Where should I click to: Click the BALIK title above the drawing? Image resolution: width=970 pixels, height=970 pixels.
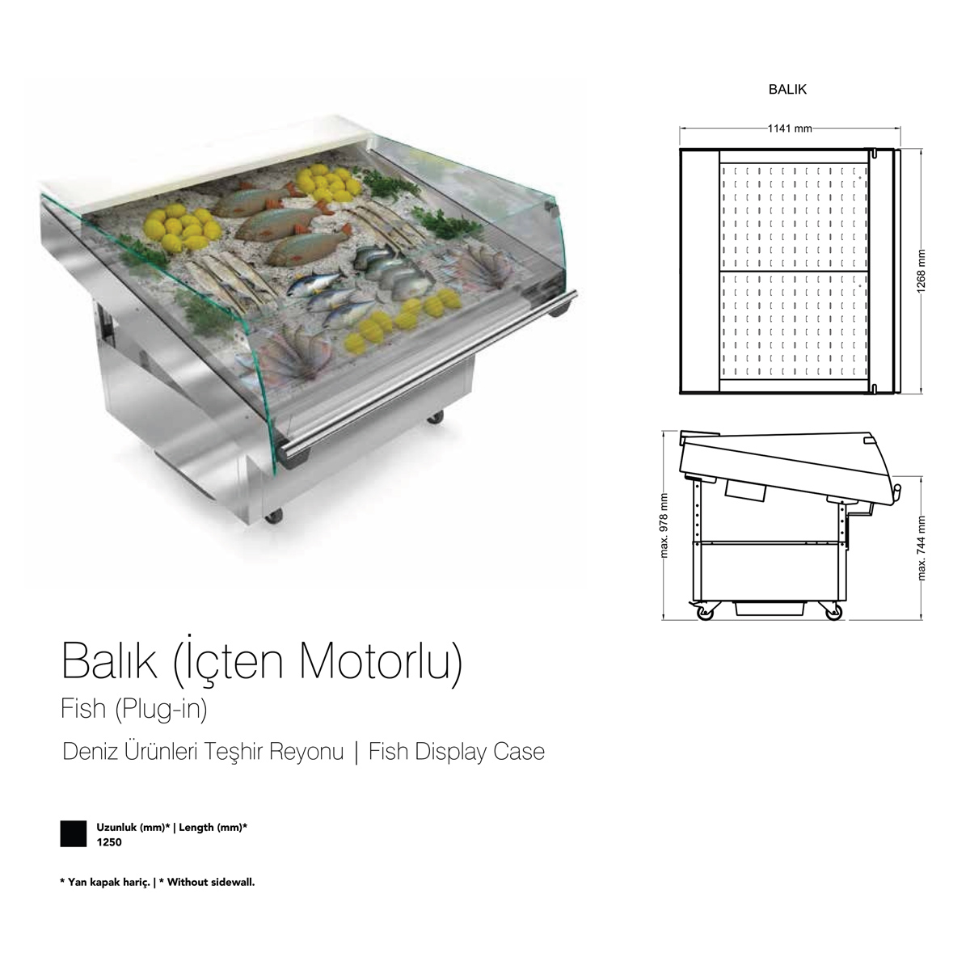pos(787,90)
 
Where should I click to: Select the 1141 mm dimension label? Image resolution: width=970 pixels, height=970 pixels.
pos(790,129)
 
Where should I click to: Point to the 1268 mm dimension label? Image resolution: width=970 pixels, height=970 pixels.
pos(921,271)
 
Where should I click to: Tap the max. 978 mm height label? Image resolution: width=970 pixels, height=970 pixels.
pos(664,525)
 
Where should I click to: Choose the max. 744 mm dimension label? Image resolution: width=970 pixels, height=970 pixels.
pos(921,548)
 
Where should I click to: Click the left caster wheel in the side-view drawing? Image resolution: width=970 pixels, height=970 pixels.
pos(704,612)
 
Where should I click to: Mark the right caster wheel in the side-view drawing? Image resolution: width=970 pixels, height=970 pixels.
pos(833,612)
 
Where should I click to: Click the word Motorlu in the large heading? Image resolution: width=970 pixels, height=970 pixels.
pos(380,662)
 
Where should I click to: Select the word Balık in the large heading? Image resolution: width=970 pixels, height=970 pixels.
pos(109,661)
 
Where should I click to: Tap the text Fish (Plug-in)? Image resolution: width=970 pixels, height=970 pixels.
pos(134,710)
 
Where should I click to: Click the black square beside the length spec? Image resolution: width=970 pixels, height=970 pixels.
pos(74,833)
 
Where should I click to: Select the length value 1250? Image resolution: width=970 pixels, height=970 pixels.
pos(109,842)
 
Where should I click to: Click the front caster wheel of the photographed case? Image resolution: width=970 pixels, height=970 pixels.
pos(273,516)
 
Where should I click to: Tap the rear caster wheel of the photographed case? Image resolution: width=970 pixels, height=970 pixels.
pos(436,417)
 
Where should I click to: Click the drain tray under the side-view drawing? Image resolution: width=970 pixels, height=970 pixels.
pos(769,608)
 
